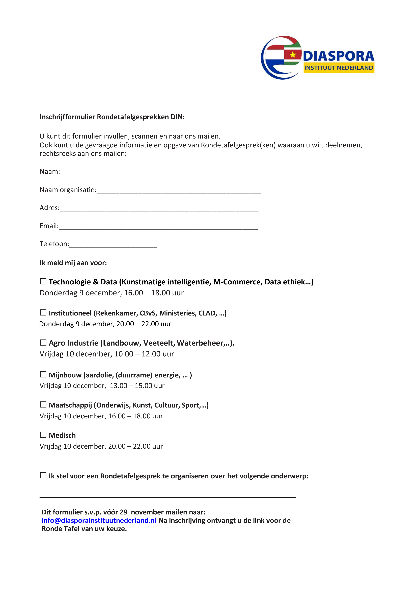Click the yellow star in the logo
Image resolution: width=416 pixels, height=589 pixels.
293,54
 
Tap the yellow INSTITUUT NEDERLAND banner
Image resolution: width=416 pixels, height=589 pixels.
339,68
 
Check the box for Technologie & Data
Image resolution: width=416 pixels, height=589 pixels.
43,281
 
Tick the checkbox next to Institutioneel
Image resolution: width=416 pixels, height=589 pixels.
43,312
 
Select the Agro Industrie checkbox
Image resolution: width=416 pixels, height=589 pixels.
43,343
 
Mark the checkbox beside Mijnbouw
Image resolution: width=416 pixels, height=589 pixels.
43,375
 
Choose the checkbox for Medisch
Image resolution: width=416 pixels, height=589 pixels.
43,435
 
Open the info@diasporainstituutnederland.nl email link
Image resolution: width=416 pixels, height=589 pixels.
99,520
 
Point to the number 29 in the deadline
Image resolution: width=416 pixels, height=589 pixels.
123,512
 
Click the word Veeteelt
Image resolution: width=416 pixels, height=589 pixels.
159,343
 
